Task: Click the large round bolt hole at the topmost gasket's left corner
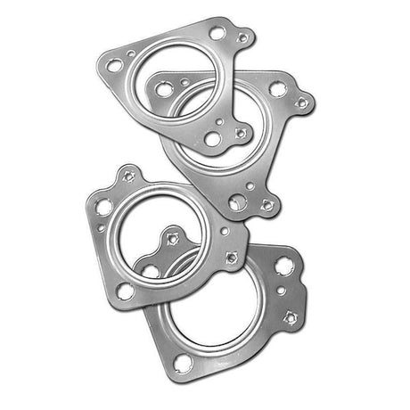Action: [113, 65]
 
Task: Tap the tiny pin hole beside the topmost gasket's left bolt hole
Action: [132, 54]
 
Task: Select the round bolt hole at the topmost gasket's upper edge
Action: [216, 33]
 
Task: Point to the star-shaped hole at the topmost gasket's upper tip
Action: [242, 37]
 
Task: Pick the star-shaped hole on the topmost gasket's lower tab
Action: [239, 135]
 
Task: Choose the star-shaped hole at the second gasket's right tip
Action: [301, 102]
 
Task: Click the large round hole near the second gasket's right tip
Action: [277, 89]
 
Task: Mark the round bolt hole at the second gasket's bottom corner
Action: [237, 203]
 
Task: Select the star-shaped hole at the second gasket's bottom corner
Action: [266, 206]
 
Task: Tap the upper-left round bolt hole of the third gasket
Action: [104, 206]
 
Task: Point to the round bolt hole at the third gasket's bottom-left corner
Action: [126, 290]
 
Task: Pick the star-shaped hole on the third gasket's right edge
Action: [232, 258]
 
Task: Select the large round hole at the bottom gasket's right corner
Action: [284, 266]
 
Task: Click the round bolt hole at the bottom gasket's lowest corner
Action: [184, 362]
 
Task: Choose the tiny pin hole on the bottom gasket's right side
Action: [282, 291]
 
